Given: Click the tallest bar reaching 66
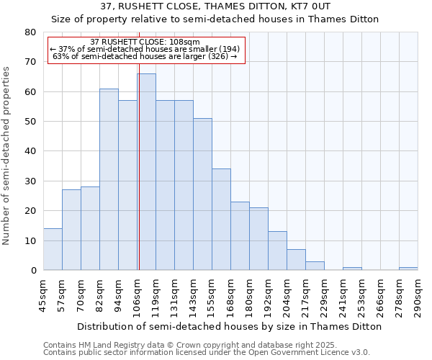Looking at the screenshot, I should (146, 172).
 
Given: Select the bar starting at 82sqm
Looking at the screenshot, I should (109, 179).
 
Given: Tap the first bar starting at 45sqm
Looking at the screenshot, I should (53, 249).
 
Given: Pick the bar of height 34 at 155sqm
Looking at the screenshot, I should (221, 220).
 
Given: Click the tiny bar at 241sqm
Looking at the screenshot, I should (352, 269).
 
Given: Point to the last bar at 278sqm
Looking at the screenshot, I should (408, 269).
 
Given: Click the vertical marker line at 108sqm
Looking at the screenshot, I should (139, 166).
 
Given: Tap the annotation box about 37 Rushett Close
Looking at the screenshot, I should (147, 50).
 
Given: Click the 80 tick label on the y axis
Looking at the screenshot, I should (30, 32).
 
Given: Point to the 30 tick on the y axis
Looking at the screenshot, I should (30, 181).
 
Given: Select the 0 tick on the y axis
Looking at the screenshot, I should (33, 271).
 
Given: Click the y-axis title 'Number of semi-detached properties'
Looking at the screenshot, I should (8, 156).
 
